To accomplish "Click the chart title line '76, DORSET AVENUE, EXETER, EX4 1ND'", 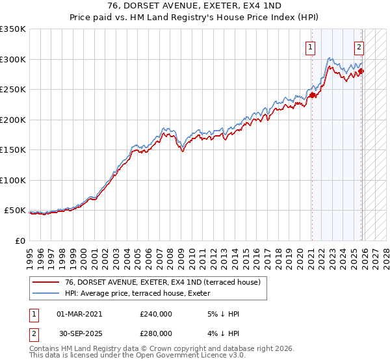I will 194,6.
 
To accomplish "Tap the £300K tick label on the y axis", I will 13,59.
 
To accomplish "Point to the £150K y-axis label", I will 13,149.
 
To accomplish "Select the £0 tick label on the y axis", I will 19,240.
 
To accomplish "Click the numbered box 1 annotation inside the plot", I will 311,47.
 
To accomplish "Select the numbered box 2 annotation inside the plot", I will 359,47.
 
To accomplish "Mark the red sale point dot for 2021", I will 311,95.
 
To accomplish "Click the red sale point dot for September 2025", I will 361,71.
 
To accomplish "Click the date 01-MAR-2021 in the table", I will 79,314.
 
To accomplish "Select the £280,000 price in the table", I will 156,333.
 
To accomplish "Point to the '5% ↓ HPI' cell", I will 222,314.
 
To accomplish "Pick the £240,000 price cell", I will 156,314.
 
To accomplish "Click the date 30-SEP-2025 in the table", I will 79,333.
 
